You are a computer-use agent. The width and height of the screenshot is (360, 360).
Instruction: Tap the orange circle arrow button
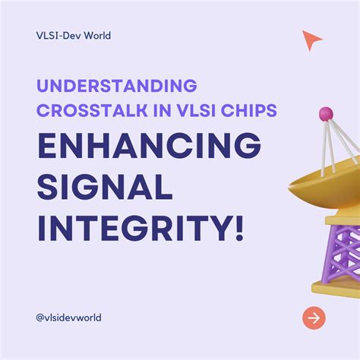pyautogui.click(x=313, y=317)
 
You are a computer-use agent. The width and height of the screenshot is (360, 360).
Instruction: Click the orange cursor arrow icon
pyautogui.click(x=311, y=40)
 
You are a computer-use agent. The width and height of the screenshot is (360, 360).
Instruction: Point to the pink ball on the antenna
pyautogui.click(x=326, y=114)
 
